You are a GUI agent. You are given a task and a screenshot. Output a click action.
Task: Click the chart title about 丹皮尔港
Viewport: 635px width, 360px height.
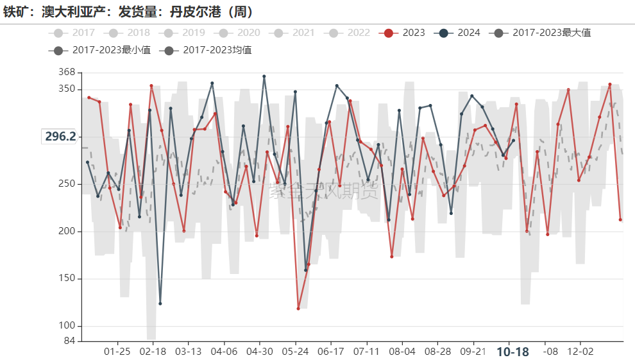click(128, 12)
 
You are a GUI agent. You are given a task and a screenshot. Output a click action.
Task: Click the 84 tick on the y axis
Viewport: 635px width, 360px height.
click(69, 341)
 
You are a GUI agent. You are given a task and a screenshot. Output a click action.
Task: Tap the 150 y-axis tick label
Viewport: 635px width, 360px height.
click(67, 279)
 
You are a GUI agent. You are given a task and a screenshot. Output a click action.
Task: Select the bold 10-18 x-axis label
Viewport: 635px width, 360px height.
click(513, 352)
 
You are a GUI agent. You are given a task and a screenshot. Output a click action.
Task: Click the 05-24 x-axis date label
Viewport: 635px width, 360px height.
click(294, 352)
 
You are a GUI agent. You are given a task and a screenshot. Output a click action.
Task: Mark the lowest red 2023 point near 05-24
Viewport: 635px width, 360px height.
click(298, 309)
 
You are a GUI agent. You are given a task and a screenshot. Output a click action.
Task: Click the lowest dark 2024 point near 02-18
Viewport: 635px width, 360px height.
click(160, 304)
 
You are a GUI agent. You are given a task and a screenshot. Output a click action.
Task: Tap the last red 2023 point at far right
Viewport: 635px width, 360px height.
click(620, 219)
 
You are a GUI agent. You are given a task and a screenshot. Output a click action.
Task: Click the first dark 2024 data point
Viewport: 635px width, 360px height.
click(88, 162)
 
